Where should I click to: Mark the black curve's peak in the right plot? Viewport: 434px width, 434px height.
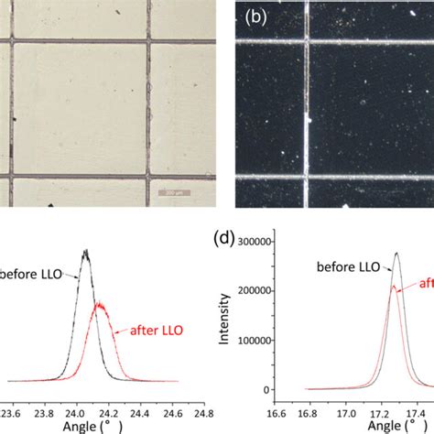click(x=397, y=254)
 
